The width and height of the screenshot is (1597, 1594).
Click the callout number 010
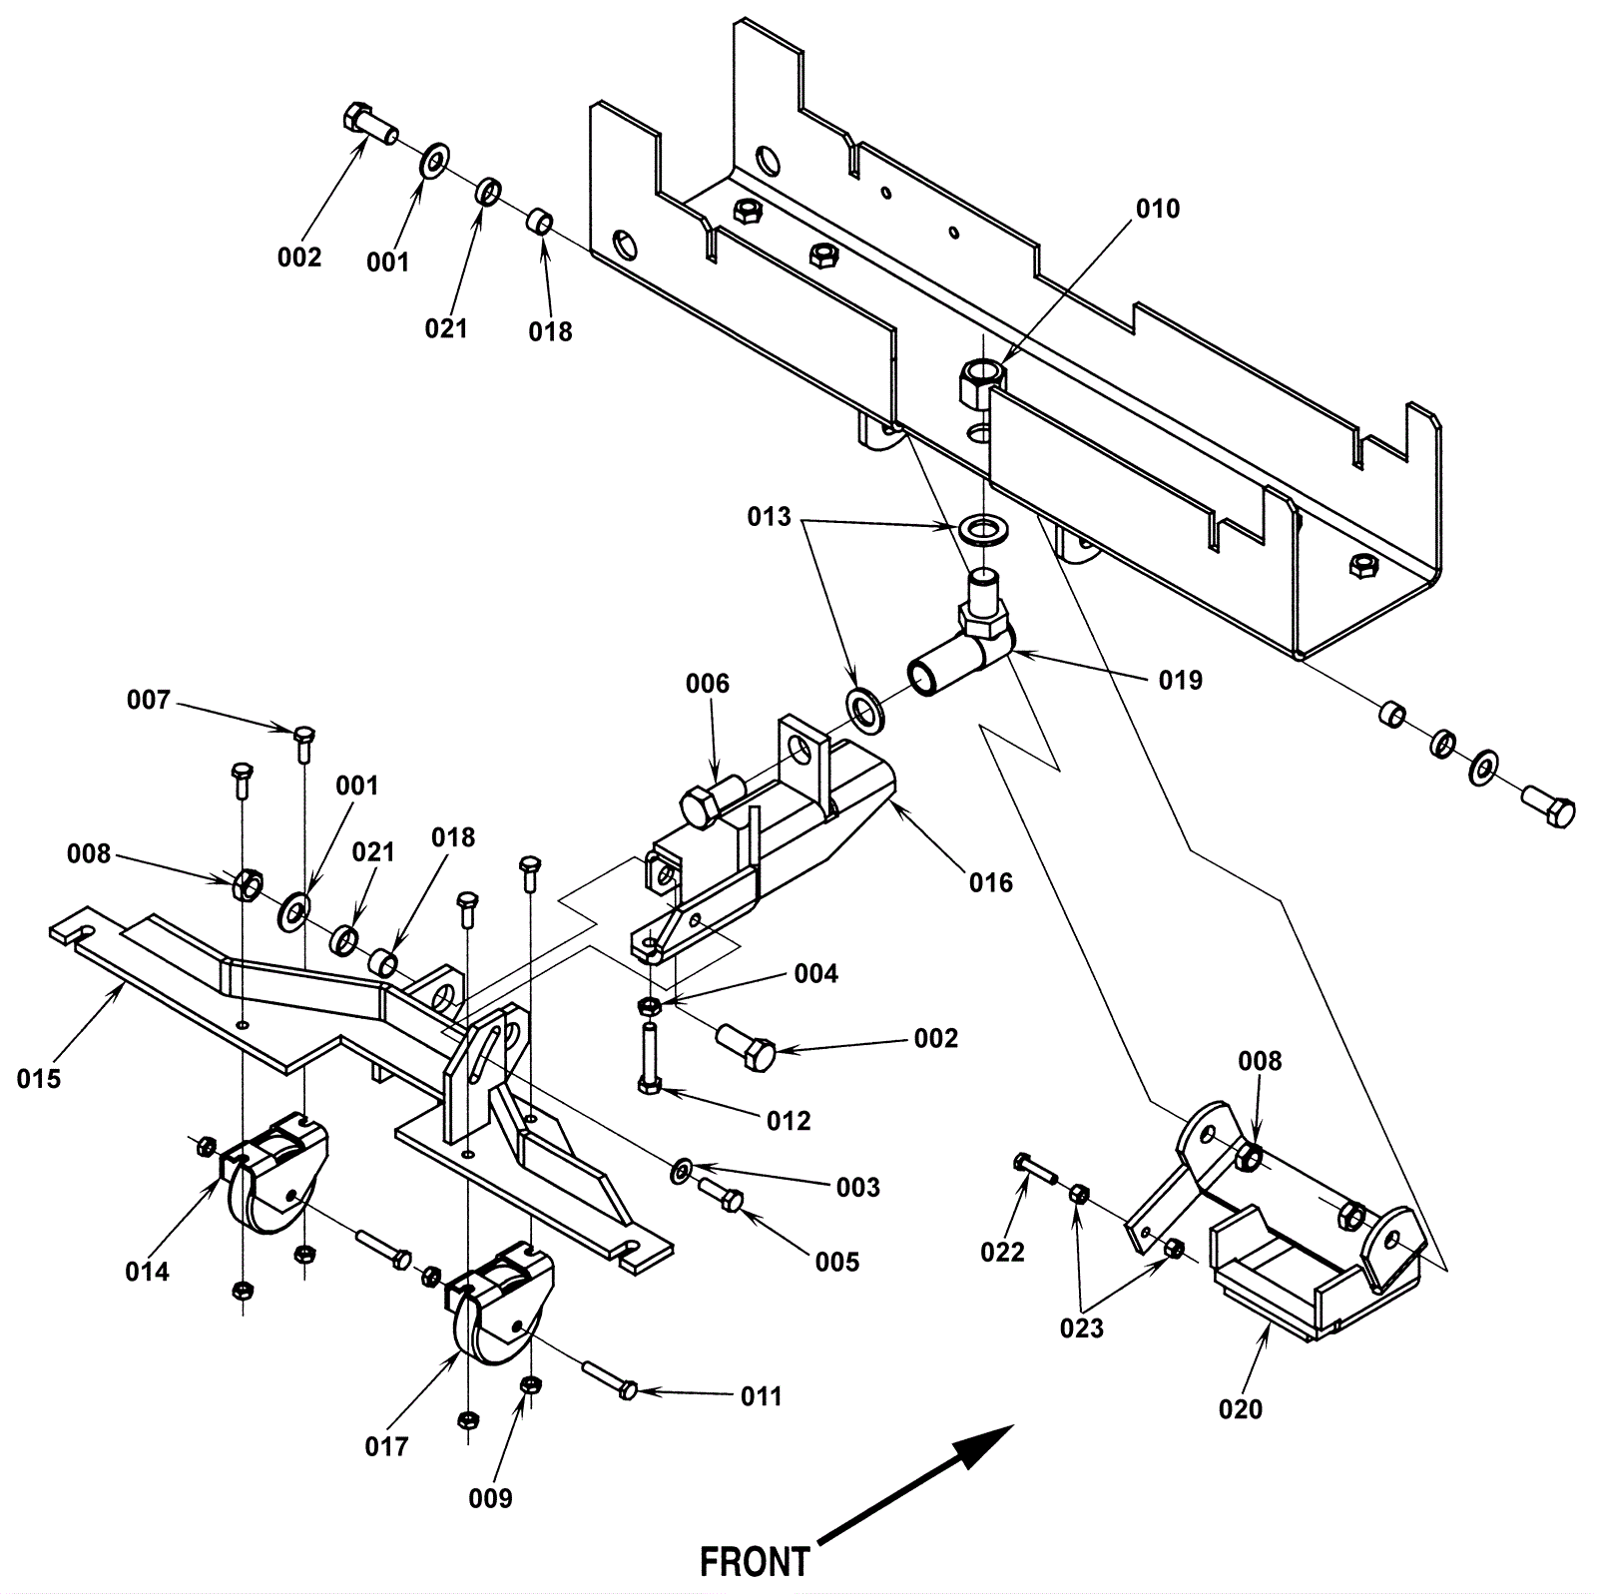[1158, 209]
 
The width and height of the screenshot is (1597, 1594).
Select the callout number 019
[1181, 680]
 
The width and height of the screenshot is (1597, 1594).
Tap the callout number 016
[990, 882]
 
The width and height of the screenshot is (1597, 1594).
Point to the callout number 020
[1241, 1409]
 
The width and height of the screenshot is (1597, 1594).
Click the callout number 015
[39, 1078]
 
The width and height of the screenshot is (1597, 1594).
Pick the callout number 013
[769, 517]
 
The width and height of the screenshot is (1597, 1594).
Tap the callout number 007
[149, 700]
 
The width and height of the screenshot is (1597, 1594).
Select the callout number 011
[761, 1396]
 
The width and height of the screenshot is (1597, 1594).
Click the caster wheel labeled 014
[271, 1173]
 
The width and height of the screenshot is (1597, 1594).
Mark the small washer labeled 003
[683, 1168]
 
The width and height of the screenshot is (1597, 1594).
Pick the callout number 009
[490, 1498]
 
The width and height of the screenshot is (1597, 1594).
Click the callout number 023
[1082, 1328]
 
